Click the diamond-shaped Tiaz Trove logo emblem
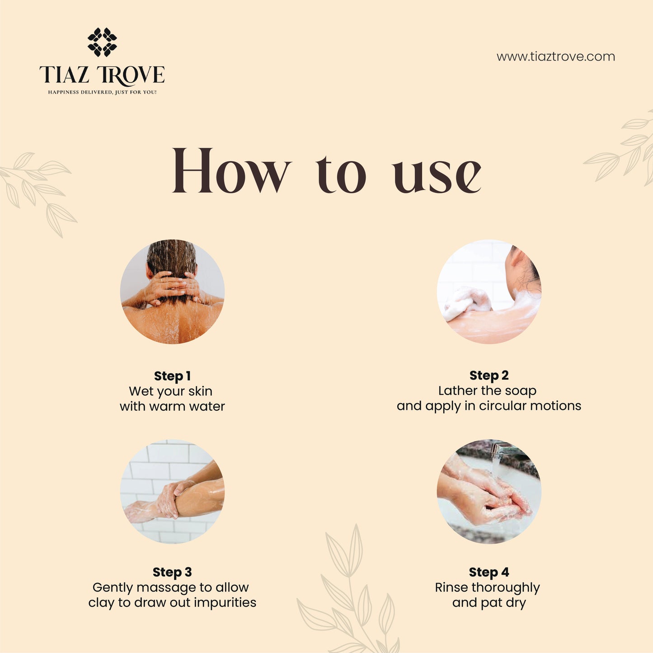[x=102, y=42]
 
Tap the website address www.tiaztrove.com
[x=555, y=57]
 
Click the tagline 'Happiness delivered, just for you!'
[x=102, y=92]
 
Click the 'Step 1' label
[x=172, y=376]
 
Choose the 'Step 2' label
[x=489, y=375]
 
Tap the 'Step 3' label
[x=172, y=572]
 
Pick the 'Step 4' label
[x=489, y=572]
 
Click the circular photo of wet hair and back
[x=172, y=291]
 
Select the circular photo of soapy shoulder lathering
[x=489, y=291]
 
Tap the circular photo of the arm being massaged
[x=172, y=491]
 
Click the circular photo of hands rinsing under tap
[x=489, y=491]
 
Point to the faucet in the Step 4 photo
[x=504, y=450]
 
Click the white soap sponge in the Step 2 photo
[x=468, y=302]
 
